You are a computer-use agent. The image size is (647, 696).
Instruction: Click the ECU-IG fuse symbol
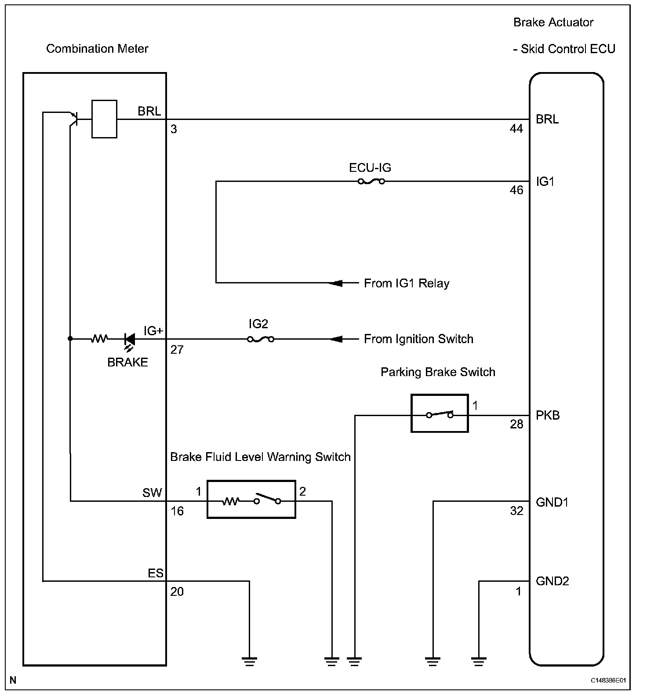coord(371,181)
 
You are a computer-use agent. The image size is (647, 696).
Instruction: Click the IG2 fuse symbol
coord(261,339)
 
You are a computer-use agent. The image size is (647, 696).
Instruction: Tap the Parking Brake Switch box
coord(439,413)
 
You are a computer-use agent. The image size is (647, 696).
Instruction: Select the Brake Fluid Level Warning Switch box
coord(251,499)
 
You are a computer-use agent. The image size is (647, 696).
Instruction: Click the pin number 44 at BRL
coord(516,129)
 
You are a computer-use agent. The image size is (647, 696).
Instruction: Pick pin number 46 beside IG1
coord(516,190)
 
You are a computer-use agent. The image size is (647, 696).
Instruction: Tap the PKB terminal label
coord(548,415)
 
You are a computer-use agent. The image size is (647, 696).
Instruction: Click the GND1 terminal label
coord(552,502)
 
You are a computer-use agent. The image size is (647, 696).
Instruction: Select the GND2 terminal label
coord(552,581)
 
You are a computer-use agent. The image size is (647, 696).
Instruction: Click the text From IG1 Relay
coord(407,283)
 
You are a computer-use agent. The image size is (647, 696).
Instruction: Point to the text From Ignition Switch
coord(418,339)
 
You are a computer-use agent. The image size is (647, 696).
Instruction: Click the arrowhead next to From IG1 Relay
coord(336,283)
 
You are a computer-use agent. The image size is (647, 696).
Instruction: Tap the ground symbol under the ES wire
coord(249,661)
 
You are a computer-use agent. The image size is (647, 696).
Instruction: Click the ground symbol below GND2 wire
coord(479,661)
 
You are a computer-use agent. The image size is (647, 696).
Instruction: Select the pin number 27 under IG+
coord(177,350)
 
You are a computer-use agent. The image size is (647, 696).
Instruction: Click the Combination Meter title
coord(97,48)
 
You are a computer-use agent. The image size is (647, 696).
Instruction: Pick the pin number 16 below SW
coord(177,511)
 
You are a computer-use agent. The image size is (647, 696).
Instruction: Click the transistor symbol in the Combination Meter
coord(73,118)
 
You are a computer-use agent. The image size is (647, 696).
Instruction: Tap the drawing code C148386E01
coord(608,681)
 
